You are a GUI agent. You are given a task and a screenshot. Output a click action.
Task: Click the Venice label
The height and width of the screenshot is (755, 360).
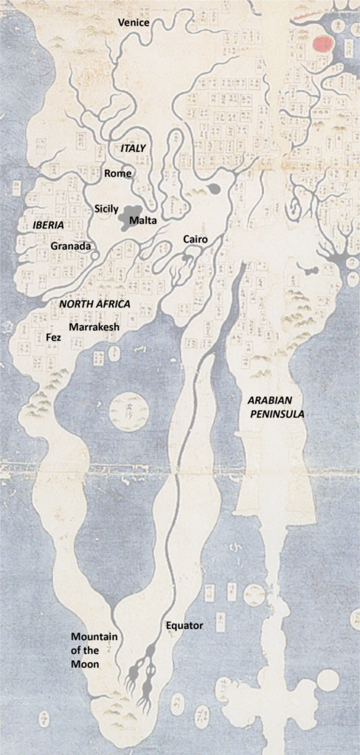tap(134, 23)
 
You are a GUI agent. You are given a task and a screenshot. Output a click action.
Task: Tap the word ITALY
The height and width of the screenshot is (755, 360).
tap(134, 148)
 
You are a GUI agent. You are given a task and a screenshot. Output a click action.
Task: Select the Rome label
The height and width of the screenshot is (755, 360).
tap(118, 173)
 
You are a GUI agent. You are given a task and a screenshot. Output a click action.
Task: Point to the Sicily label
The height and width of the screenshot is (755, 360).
tap(106, 209)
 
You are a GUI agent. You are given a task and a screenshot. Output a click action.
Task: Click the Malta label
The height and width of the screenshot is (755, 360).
tap(142, 220)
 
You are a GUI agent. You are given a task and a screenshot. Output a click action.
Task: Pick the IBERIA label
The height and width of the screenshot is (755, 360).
tap(49, 224)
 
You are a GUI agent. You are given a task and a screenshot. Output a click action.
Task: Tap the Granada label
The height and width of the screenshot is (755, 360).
tap(70, 246)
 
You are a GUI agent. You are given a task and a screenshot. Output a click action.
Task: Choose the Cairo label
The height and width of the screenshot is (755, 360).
tap(195, 240)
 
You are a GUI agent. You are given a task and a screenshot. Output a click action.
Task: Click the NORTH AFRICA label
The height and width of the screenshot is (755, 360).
tap(94, 304)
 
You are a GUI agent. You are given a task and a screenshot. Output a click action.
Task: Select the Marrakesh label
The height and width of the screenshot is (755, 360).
tap(94, 326)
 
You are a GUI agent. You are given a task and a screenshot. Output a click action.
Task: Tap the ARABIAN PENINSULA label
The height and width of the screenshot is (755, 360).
tap(276, 406)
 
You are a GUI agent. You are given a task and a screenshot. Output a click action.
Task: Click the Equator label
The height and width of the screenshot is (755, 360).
tap(184, 626)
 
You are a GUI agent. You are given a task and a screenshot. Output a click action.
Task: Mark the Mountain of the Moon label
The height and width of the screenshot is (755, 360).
tap(94, 650)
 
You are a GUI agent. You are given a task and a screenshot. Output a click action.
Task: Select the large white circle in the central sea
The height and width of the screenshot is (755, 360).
tap(128, 411)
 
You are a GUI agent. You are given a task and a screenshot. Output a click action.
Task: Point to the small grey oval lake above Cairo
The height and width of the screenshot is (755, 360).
tap(214, 189)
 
